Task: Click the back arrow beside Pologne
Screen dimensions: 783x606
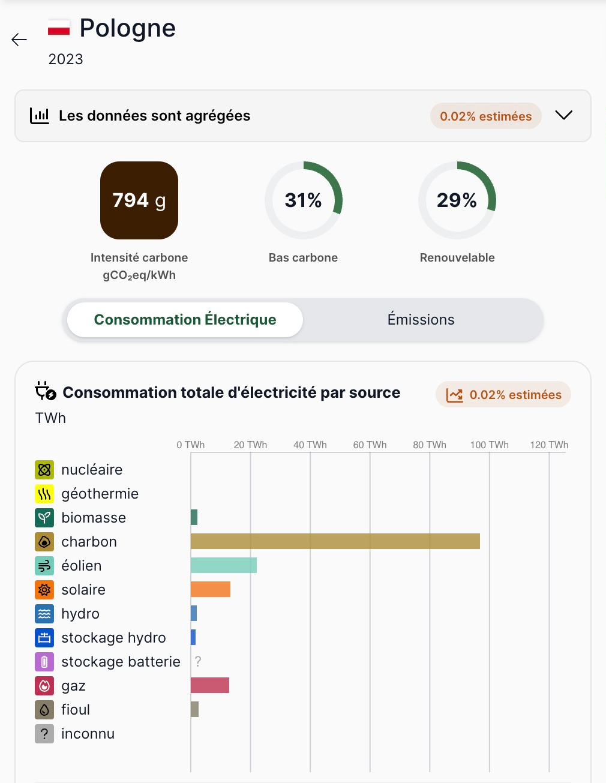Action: tap(19, 40)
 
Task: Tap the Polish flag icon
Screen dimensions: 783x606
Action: tap(59, 28)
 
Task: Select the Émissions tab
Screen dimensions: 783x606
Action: tap(421, 320)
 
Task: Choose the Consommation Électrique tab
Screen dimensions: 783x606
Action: tap(185, 320)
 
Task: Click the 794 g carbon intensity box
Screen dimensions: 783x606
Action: tap(139, 200)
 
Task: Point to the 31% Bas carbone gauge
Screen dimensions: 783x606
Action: tap(304, 200)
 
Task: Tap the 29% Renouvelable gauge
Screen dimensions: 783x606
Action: tap(457, 200)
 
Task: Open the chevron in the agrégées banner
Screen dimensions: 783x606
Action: tap(563, 115)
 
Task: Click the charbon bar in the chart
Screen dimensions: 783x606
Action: tap(335, 541)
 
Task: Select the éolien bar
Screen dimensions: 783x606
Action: tap(223, 565)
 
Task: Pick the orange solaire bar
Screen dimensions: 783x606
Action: tap(210, 589)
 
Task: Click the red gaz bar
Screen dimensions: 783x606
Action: tap(209, 685)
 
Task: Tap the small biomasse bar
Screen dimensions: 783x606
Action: tap(194, 517)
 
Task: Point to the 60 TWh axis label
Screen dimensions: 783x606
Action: tap(370, 445)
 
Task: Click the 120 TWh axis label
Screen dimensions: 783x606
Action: tap(549, 445)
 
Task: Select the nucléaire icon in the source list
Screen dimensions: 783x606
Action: tap(44, 470)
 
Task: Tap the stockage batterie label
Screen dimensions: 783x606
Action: tap(121, 662)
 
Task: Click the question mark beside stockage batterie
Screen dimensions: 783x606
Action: tap(198, 662)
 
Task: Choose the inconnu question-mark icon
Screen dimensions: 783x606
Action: tap(44, 734)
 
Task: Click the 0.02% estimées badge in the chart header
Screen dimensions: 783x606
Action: tap(503, 395)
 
